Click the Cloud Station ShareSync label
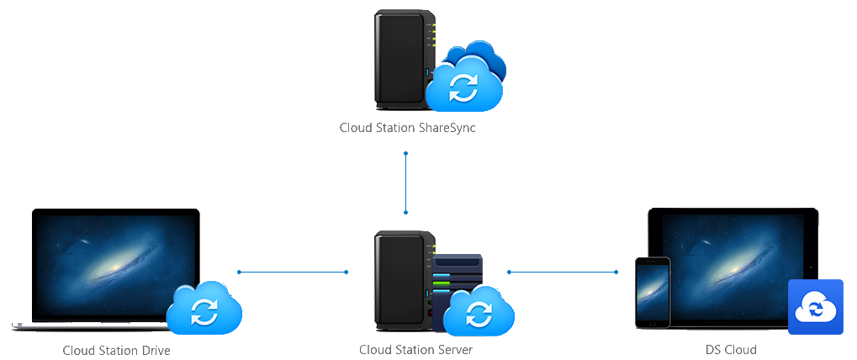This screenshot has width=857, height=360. coord(408,128)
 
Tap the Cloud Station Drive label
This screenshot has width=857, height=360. coord(116,350)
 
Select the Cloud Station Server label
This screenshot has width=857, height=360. coord(415,350)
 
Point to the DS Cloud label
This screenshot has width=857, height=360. coord(731,350)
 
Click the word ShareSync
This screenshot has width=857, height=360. coord(447,128)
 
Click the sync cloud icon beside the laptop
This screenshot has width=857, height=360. coord(204,310)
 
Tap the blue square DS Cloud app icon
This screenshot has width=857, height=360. coord(815,307)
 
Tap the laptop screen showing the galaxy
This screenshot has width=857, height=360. coord(115,264)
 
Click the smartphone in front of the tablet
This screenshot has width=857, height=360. coord(652,294)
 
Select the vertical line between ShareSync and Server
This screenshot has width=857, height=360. coord(405,183)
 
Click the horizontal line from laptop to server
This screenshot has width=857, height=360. coord(293,272)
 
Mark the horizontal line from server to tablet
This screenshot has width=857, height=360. coord(563,272)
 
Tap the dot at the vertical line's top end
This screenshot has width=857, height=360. coord(405,154)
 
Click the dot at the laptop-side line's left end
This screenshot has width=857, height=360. coord(239,272)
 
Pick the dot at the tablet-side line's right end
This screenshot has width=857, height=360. coord(617,272)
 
